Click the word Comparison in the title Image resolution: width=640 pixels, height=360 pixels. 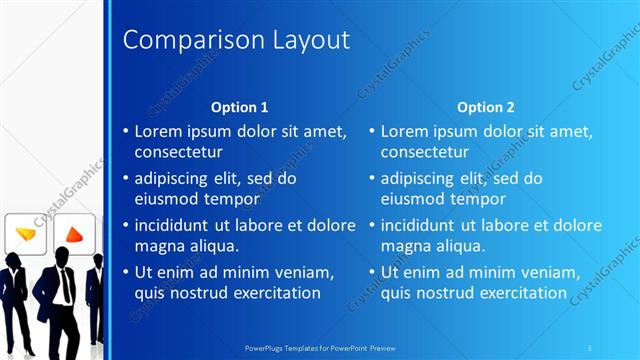[184, 40]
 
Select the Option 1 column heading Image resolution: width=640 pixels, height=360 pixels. [239, 106]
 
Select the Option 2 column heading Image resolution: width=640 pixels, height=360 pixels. [485, 106]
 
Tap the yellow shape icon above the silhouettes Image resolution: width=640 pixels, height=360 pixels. [25, 234]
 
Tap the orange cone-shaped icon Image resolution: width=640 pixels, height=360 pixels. [74, 236]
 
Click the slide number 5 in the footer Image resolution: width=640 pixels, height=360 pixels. [591, 348]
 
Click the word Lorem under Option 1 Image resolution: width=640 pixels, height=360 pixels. [158, 131]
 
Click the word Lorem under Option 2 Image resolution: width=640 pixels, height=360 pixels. [404, 131]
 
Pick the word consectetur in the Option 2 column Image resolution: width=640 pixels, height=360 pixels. [425, 153]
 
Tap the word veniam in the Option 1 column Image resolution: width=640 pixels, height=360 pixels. [302, 272]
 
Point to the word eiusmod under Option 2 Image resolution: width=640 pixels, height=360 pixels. [411, 199]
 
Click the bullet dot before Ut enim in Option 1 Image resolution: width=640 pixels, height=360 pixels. [125, 272]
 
